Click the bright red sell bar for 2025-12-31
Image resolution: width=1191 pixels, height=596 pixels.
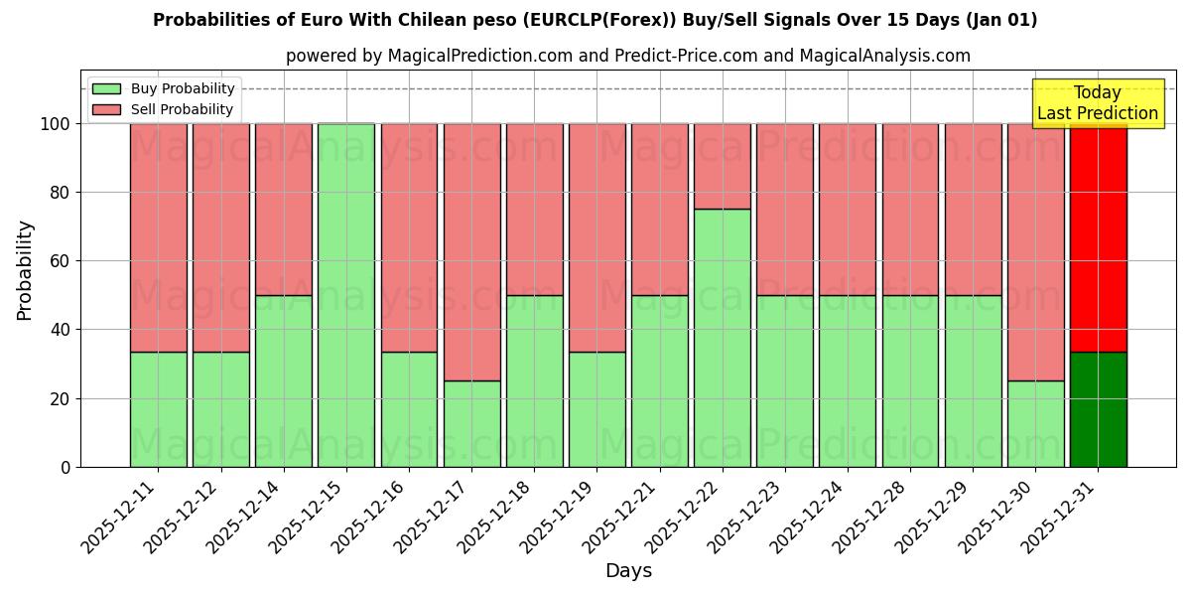[x=1098, y=238]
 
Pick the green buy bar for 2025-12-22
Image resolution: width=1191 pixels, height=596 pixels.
[x=722, y=338]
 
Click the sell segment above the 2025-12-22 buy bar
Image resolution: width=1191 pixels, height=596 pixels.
[x=722, y=166]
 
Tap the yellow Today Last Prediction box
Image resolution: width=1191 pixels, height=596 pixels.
[x=1097, y=103]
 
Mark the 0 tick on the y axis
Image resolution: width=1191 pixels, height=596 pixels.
[x=66, y=467]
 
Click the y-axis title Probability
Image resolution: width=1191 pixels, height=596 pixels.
[x=25, y=270]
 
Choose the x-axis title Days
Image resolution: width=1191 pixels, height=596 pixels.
[x=628, y=571]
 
